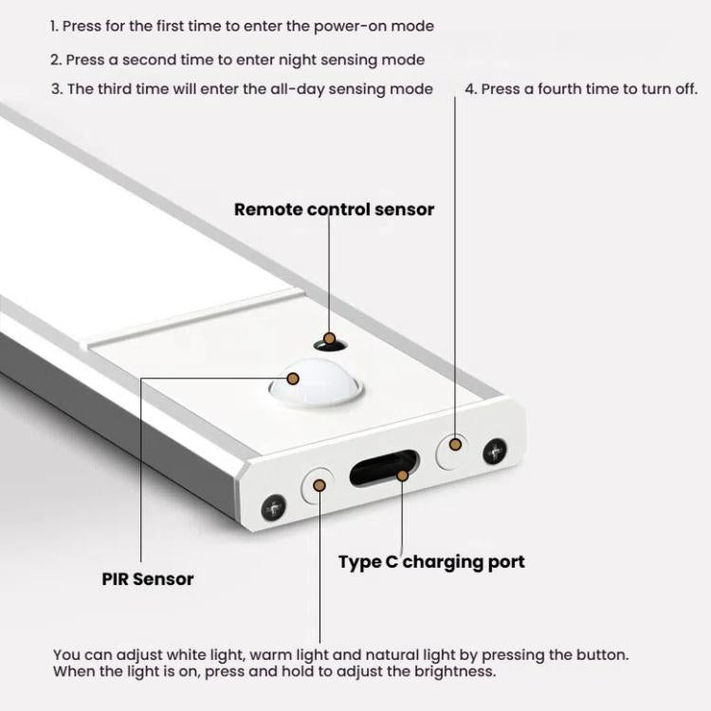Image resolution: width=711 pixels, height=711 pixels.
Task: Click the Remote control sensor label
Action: coord(334,210)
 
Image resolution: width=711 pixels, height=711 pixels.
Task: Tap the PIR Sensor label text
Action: coord(148,578)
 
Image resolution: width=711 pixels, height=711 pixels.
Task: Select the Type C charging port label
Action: coord(431,562)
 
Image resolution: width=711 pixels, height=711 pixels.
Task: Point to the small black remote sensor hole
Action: coord(329,338)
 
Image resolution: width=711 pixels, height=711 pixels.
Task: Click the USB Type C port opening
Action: coord(384,471)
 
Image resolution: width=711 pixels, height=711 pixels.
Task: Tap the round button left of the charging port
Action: coord(319,485)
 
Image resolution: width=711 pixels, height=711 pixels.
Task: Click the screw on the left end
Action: coord(275,507)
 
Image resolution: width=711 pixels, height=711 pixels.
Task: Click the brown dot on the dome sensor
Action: coord(293,378)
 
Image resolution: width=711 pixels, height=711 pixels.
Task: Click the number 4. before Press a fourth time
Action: coord(470,89)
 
